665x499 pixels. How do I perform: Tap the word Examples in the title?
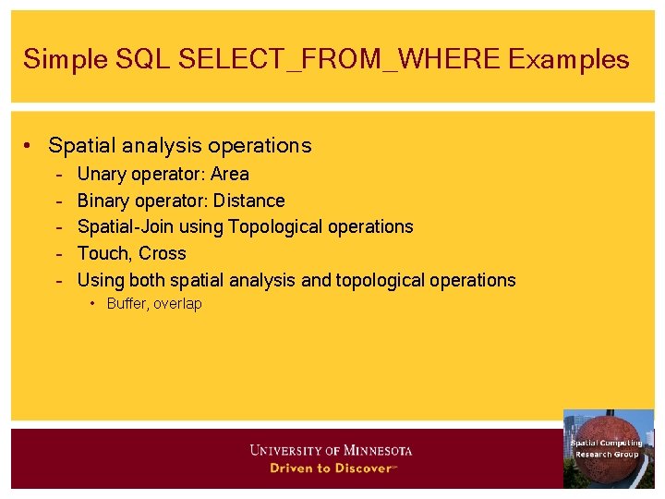pos(568,60)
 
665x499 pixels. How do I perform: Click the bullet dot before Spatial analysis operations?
pos(30,146)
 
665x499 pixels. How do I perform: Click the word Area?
pos(230,174)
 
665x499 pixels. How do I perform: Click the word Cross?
pos(163,253)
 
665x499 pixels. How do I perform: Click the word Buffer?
pos(127,304)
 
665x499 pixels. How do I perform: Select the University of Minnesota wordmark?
pos(331,451)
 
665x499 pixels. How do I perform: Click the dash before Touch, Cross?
pos(58,253)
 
